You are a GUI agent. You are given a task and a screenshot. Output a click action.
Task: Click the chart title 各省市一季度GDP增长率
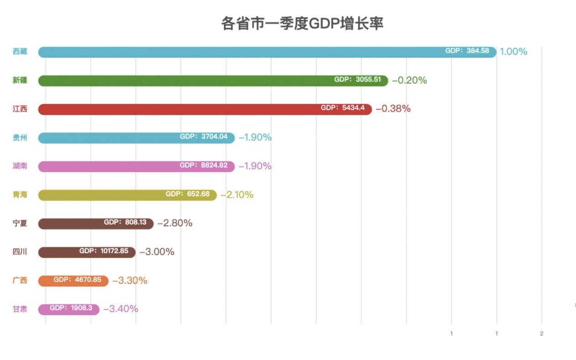coord(302,23)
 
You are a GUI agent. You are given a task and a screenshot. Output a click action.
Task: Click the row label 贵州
coord(20,137)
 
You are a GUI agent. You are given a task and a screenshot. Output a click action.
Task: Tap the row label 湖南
coord(20,166)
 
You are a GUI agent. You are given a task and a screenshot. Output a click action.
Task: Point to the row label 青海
coord(20,195)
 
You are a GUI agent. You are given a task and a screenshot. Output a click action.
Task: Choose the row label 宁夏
coord(20,223)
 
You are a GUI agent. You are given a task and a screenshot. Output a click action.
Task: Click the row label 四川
coord(20,251)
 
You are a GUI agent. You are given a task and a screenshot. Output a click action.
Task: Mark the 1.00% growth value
coord(513,52)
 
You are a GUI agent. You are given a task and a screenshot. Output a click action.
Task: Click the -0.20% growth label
coord(409,80)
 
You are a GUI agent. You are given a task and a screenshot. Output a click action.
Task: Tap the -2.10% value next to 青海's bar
coord(237,195)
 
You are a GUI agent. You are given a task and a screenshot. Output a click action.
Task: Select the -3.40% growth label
coord(120,309)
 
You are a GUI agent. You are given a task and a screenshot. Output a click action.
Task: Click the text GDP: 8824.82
coord(203,165)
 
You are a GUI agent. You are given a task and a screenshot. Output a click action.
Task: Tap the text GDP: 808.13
coord(125,223)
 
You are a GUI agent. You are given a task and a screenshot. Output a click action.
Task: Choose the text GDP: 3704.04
coord(203,136)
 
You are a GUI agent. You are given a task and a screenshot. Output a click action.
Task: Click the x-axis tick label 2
coord(541,334)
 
